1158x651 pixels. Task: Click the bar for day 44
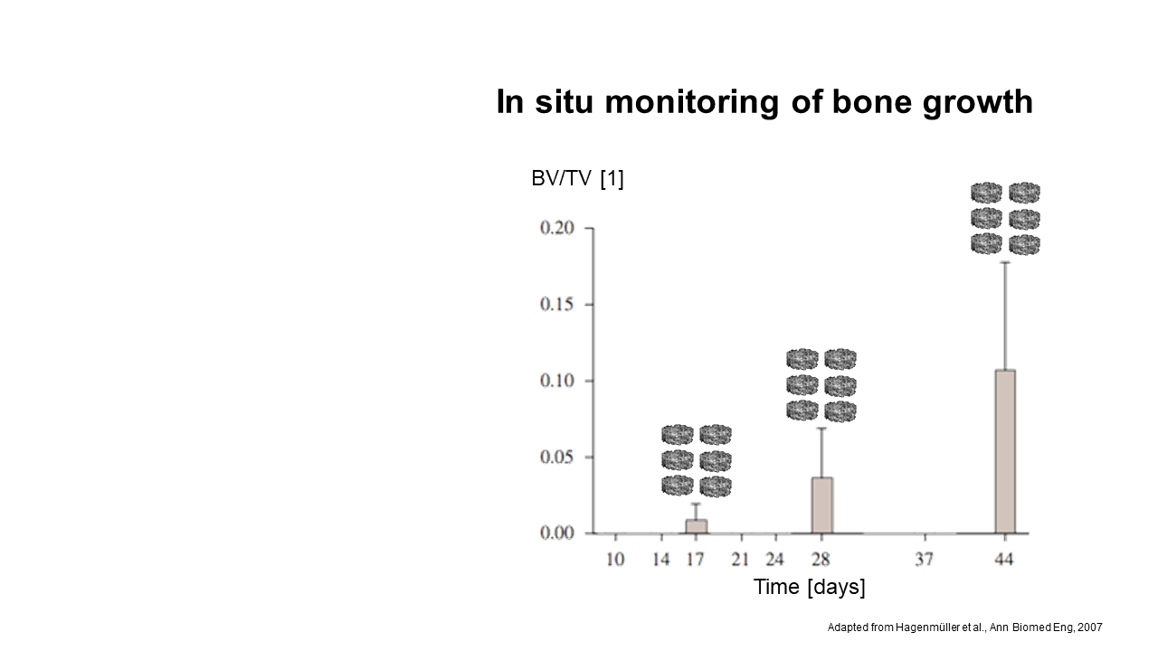[x=1005, y=451]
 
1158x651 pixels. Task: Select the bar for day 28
[x=822, y=505]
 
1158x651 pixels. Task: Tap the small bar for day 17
[x=697, y=526]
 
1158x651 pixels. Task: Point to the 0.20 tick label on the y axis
[x=557, y=228]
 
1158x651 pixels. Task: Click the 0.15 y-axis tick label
[x=557, y=305]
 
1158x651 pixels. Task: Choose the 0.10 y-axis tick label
[x=557, y=381]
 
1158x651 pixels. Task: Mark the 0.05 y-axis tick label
[x=557, y=458]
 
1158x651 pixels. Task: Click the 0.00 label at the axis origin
[x=557, y=533]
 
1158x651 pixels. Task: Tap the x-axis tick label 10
[x=615, y=559]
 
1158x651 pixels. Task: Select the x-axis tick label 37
[x=925, y=559]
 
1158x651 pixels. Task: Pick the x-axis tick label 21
[x=740, y=559]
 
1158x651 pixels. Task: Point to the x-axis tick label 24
[x=775, y=559]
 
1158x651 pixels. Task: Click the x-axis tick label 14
[x=661, y=559]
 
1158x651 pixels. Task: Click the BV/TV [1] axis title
[x=577, y=179]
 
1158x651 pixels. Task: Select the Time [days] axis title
[x=809, y=588]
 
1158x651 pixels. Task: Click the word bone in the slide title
[x=872, y=101]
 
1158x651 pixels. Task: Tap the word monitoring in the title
[x=692, y=102]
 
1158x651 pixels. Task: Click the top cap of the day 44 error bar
[x=1005, y=262]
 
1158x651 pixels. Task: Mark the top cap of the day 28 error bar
[x=822, y=429]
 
